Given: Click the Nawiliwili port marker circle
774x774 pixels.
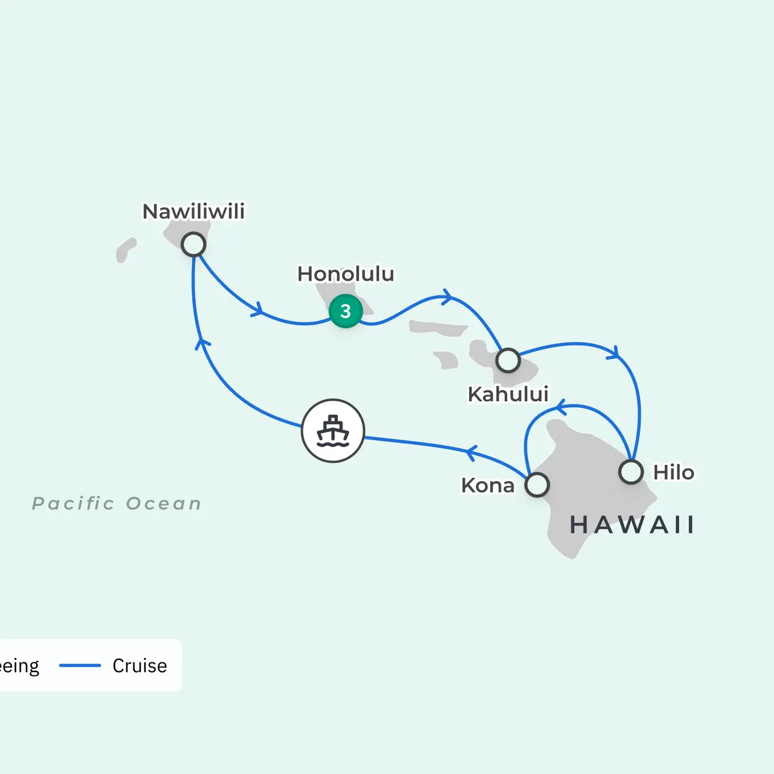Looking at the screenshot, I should tap(193, 244).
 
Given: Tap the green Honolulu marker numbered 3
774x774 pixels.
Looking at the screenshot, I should tap(345, 311).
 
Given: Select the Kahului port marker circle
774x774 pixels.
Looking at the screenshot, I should tap(508, 361).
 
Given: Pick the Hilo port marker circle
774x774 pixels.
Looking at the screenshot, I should tap(631, 471).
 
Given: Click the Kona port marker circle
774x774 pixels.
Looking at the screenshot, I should tap(537, 484).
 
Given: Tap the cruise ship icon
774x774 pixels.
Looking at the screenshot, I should tap(333, 431).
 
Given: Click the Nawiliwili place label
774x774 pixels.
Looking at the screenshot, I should tap(193, 212).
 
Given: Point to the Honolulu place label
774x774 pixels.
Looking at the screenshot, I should tap(346, 274).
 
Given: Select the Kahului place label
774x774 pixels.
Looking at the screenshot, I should tap(508, 394).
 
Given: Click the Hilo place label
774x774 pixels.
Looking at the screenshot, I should tap(673, 472).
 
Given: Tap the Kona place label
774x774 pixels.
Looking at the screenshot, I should tap(488, 485).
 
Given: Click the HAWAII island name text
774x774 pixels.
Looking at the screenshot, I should tap(632, 525).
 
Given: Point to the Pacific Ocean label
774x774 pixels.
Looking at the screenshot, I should tap(117, 503).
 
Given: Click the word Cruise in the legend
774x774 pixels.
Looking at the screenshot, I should tap(139, 666).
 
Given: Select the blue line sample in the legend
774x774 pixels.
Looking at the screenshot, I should tap(80, 666).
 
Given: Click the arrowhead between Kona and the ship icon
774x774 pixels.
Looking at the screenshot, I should tap(471, 452).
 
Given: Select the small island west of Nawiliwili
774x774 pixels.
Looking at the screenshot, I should tap(126, 250).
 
